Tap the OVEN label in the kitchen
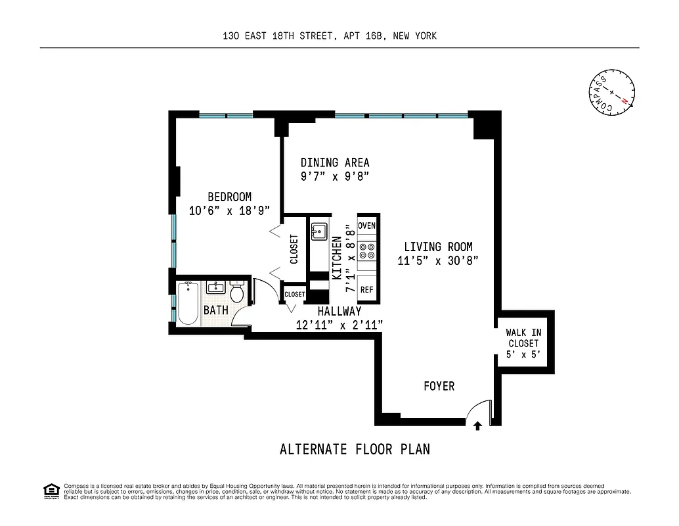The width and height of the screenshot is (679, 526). (x=367, y=226)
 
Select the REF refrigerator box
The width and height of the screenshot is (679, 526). (x=366, y=289)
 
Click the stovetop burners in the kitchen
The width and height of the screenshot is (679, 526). (x=367, y=251)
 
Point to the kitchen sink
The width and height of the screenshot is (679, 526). (x=319, y=231)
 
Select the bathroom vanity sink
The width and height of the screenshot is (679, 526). (x=215, y=287)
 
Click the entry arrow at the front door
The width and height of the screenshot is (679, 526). (x=477, y=426)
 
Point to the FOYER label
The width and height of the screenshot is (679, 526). (x=439, y=386)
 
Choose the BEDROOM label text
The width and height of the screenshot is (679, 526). (x=229, y=197)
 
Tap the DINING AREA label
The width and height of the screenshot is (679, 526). (x=335, y=162)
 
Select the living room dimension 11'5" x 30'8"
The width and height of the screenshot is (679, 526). (x=438, y=260)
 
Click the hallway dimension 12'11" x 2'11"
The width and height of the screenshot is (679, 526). (x=339, y=324)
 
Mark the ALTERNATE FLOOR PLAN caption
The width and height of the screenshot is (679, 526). (x=355, y=450)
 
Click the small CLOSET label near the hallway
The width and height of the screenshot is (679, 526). (x=295, y=295)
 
